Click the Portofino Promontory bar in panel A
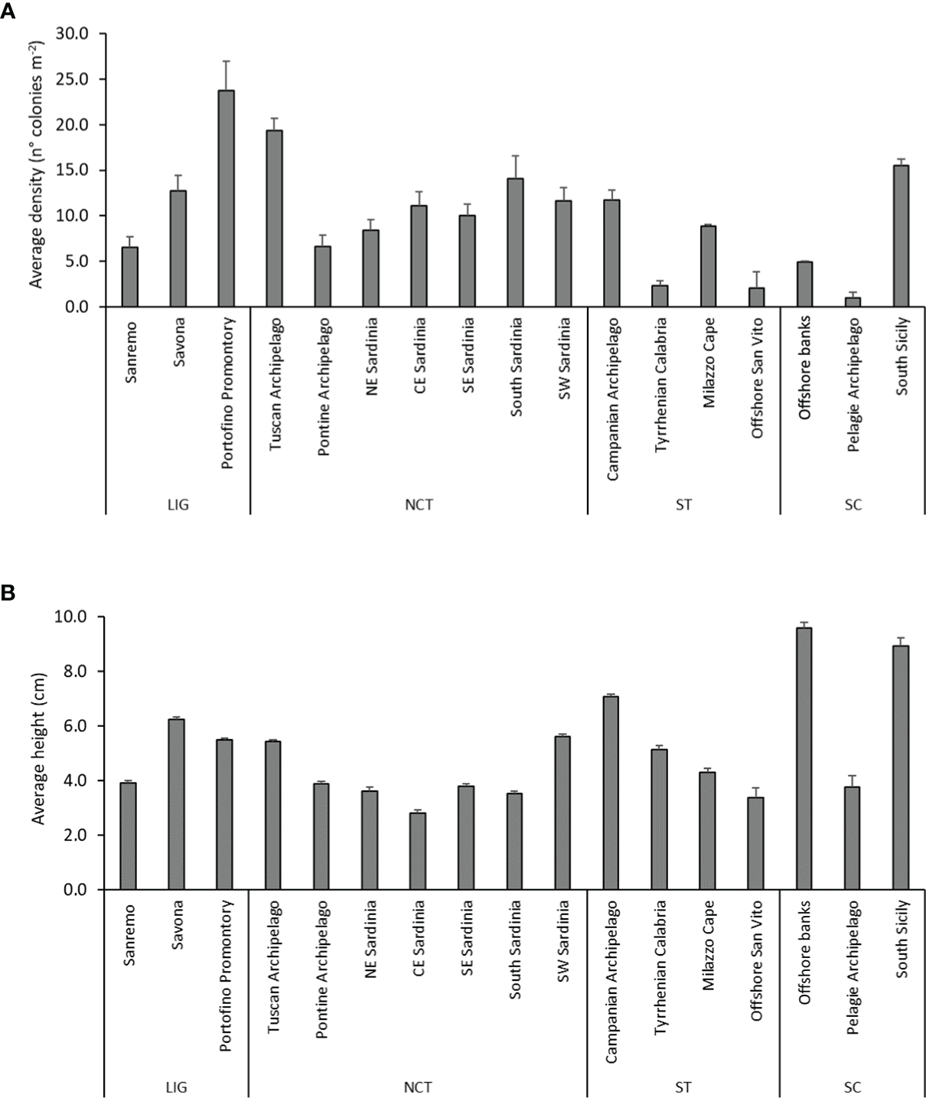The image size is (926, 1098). pyautogui.click(x=226, y=199)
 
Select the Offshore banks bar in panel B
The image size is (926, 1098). pyautogui.click(x=804, y=758)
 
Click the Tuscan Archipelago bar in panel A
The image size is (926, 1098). pyautogui.click(x=274, y=218)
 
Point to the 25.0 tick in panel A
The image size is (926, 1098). pyautogui.click(x=73, y=79)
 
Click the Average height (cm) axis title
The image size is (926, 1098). pyautogui.click(x=38, y=748)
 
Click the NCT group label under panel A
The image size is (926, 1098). pyautogui.click(x=418, y=505)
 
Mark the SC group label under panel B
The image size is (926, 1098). pyautogui.click(x=853, y=1087)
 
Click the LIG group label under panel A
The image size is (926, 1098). pyautogui.click(x=178, y=505)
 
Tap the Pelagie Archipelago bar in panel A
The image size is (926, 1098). pyautogui.click(x=853, y=302)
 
